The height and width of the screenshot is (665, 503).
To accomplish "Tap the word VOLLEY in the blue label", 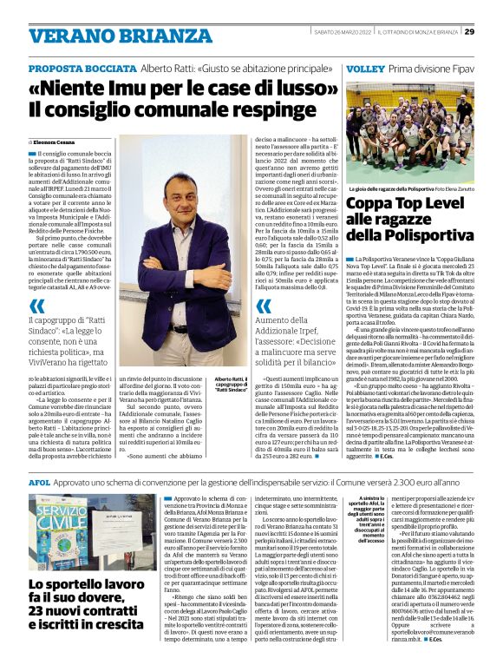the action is point(363,69).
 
